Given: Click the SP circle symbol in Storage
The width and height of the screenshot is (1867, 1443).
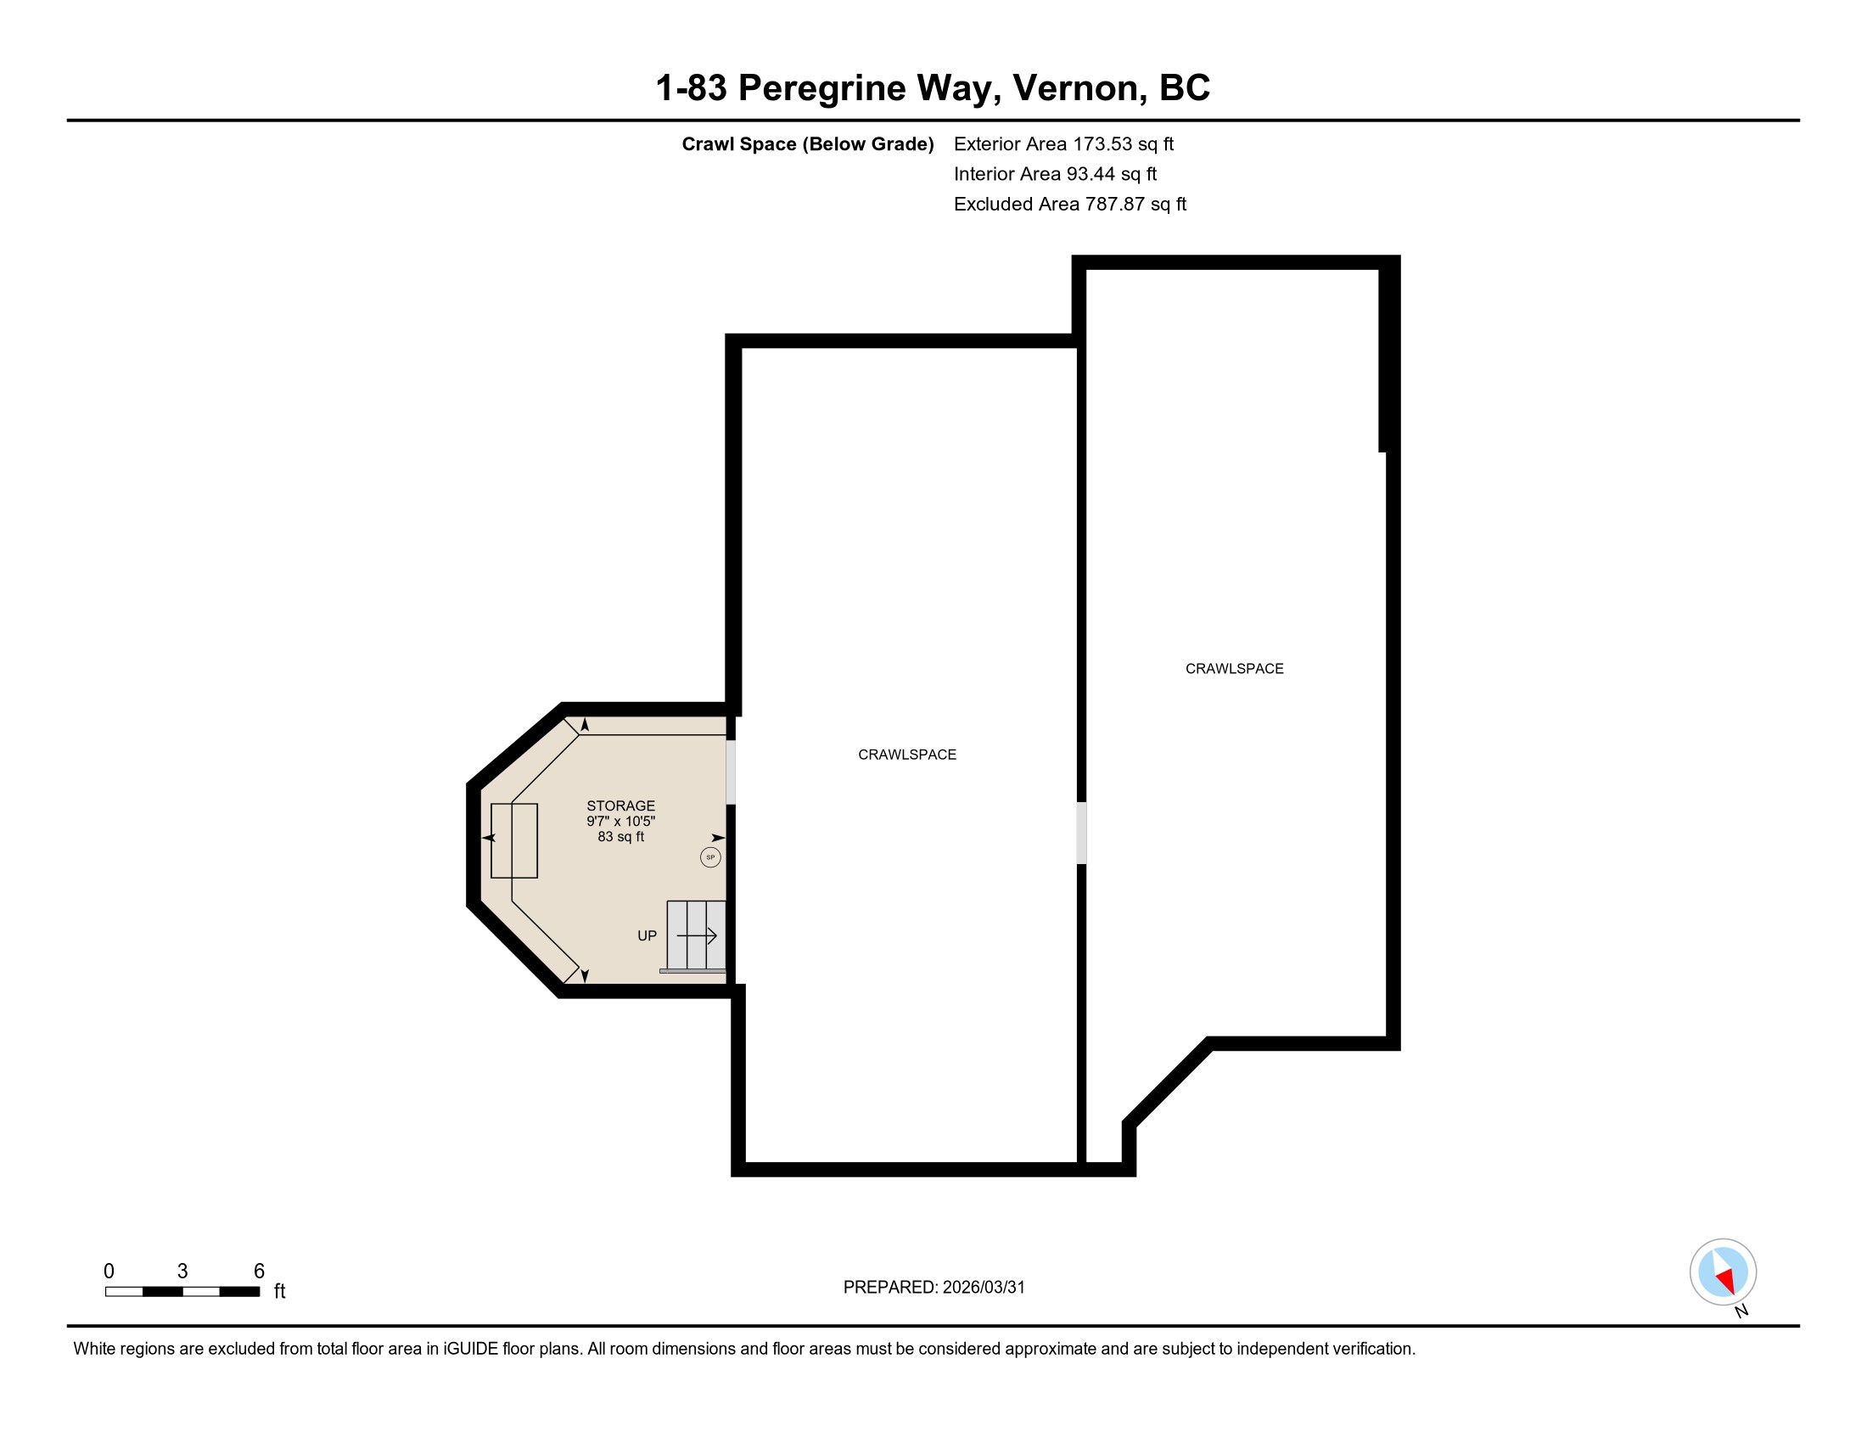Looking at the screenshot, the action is (710, 856).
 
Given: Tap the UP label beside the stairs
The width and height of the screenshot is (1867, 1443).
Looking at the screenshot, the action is (648, 936).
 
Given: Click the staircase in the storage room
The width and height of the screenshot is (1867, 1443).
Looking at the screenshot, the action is (696, 935).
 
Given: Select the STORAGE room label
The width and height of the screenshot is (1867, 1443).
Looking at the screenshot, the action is (620, 806).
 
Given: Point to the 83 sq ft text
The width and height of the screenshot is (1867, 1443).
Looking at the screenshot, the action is (620, 837).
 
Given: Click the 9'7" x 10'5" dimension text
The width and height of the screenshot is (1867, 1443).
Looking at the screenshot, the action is (620, 822).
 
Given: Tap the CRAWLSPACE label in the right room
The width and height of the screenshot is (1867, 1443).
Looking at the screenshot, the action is (1235, 669).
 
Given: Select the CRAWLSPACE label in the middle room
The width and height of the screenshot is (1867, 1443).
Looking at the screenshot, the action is (907, 755).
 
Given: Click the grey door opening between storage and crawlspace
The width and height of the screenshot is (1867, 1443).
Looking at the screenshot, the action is (731, 772).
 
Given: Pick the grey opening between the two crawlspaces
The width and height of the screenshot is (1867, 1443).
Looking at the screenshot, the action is (1081, 833).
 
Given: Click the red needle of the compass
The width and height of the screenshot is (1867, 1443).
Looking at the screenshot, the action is (1727, 1280).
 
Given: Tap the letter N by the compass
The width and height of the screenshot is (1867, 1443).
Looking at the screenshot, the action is (1741, 1311).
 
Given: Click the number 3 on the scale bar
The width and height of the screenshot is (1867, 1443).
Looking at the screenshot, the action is (182, 1272).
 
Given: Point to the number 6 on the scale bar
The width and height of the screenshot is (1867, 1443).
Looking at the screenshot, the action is (259, 1272).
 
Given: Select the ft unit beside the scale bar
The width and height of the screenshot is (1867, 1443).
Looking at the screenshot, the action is (279, 1291).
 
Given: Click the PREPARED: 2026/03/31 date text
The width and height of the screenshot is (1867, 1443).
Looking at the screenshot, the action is (933, 1288).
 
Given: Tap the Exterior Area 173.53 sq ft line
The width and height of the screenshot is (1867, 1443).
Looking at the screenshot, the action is (1063, 144).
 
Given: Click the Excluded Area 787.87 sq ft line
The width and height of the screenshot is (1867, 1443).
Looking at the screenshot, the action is (1070, 205).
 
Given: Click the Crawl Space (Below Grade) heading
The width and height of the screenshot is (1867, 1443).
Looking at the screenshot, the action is (808, 144).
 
